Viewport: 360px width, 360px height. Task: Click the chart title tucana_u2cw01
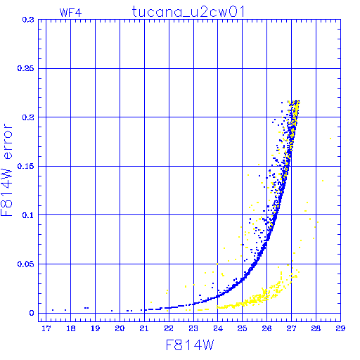pyautogui.click(x=188, y=12)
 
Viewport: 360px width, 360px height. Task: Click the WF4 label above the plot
pyautogui.click(x=70, y=13)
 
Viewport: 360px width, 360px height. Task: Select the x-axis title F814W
pyautogui.click(x=190, y=345)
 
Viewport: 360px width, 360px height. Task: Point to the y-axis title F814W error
pyautogui.click(x=6, y=170)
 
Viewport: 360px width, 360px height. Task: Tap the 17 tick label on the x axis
pyautogui.click(x=46, y=328)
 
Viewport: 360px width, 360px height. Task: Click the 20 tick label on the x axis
pyautogui.click(x=120, y=328)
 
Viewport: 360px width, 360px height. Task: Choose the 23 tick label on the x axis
pyautogui.click(x=193, y=328)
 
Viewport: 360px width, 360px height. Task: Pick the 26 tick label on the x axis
pyautogui.click(x=266, y=328)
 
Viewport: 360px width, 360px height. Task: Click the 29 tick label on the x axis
pyautogui.click(x=340, y=328)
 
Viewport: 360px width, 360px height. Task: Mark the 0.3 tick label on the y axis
pyautogui.click(x=28, y=20)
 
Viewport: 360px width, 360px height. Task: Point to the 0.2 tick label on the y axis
pyautogui.click(x=28, y=117)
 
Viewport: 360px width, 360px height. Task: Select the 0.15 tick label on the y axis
pyautogui.click(x=25, y=166)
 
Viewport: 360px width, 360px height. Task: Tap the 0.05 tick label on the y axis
pyautogui.click(x=25, y=264)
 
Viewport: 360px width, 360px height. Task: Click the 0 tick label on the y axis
pyautogui.click(x=32, y=313)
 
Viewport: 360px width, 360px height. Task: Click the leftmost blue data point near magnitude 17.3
pyautogui.click(x=53, y=310)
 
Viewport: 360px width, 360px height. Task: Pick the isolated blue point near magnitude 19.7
pyautogui.click(x=112, y=311)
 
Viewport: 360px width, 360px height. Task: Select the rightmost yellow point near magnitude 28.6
pyautogui.click(x=330, y=139)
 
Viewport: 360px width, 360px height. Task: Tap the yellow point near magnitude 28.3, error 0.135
pyautogui.click(x=323, y=181)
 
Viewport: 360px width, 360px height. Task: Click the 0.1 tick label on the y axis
pyautogui.click(x=28, y=215)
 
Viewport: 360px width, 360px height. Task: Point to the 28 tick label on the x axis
pyautogui.click(x=316, y=328)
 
